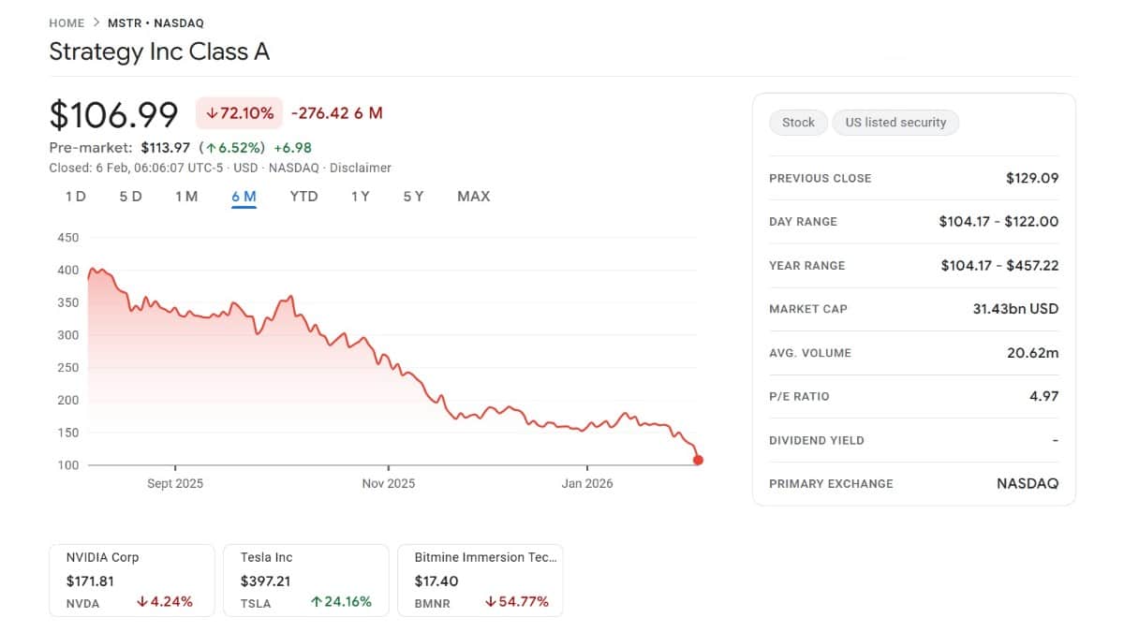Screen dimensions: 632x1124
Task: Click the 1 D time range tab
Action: coord(76,197)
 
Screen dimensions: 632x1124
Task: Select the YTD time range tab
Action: coord(303,197)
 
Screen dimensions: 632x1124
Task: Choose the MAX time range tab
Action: coord(473,197)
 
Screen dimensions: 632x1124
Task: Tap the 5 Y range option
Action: coord(413,197)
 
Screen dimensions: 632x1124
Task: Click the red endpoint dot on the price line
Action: coord(698,460)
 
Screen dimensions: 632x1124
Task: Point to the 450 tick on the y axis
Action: coord(68,238)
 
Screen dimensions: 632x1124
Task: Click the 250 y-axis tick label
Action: coord(68,368)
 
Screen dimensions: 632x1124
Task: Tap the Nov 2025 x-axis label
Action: coord(388,484)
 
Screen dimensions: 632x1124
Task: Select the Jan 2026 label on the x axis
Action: coord(586,484)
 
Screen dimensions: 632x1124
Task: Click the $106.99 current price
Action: coord(113,114)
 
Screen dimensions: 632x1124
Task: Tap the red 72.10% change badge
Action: coord(240,113)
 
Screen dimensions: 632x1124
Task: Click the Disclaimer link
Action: coord(361,169)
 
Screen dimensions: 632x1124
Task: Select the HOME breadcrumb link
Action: coord(67,23)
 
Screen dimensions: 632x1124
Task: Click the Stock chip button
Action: coord(798,123)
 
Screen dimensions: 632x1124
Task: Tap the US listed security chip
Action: coord(895,123)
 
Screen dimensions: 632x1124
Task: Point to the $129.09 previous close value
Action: coord(1032,178)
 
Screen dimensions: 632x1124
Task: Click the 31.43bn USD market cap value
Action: coord(1015,309)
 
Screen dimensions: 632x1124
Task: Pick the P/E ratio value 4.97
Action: coord(1043,396)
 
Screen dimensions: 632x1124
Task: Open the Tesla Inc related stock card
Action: coord(305,581)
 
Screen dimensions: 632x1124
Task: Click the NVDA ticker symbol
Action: coord(83,604)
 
